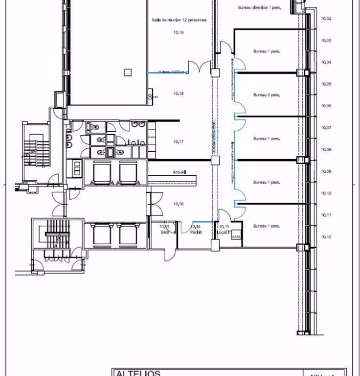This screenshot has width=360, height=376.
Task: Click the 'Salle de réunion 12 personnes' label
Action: [179, 20]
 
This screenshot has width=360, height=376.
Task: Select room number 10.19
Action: [178, 33]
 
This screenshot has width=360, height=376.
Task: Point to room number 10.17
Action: [178, 141]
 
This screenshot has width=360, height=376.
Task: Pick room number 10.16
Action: [178, 204]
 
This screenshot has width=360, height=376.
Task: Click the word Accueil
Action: [180, 172]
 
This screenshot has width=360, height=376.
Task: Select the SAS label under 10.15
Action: [164, 233]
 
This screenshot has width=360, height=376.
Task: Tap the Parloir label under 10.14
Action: [196, 233]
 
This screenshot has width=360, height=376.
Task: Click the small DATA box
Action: [236, 236]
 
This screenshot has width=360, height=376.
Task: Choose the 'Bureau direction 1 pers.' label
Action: [259, 7]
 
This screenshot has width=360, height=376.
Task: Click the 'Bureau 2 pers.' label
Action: [266, 95]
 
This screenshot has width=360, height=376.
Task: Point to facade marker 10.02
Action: [326, 19]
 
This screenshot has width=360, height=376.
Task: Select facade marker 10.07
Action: [326, 128]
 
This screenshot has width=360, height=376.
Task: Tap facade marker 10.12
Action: [326, 237]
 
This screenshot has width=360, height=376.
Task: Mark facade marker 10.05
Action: [326, 84]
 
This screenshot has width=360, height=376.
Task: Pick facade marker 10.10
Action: [326, 193]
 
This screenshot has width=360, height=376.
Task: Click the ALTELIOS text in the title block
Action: [138, 373]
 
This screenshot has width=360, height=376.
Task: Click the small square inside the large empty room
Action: [128, 72]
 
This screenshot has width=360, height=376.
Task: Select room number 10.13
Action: [225, 227]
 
